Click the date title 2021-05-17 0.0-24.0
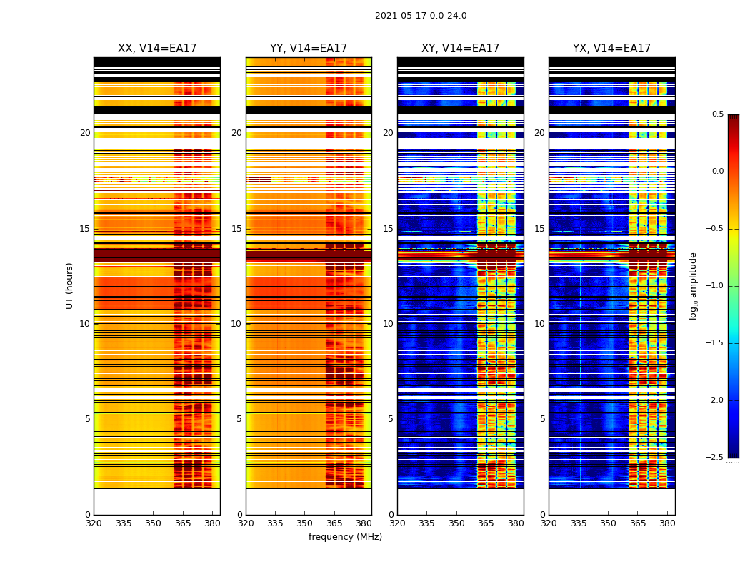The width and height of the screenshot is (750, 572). (421, 16)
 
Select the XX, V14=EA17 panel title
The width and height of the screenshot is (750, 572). (157, 49)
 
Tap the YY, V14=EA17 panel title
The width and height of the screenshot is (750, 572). (309, 49)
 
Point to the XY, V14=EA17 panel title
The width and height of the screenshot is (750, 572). (460, 49)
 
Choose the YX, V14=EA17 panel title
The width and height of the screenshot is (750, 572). (611, 49)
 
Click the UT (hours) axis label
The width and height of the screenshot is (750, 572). (70, 285)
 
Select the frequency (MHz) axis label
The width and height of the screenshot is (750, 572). (345, 537)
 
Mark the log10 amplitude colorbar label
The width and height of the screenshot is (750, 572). (693, 285)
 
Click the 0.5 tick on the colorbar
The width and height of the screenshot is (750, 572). (717, 114)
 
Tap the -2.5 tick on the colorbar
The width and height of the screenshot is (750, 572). (714, 458)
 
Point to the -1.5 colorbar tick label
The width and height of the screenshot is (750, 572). (714, 343)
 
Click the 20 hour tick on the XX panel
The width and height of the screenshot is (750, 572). (85, 133)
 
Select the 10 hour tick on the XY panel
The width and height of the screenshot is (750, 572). (388, 324)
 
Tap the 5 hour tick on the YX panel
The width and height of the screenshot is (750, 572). (542, 419)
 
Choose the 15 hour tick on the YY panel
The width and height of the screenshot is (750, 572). (236, 229)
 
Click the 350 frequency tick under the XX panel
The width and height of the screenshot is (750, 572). (153, 523)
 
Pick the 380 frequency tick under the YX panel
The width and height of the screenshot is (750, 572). (667, 523)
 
